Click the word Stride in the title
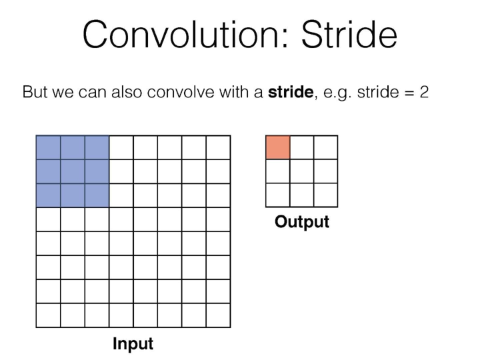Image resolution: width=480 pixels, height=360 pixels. pos(349,34)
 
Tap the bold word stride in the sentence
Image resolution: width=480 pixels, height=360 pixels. pos(291,92)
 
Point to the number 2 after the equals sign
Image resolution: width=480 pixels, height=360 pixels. pos(424,92)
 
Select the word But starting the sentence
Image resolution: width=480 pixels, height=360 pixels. pos(35,92)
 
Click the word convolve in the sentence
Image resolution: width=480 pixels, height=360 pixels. pos(181,92)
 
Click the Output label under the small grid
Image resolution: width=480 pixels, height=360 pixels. pos(302,222)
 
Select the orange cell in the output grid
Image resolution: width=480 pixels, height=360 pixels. pos(278,147)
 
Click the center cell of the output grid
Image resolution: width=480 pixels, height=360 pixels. pos(302,171)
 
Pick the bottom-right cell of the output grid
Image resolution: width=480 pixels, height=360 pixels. pos(325,195)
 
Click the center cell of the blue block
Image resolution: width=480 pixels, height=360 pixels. pos(73,172)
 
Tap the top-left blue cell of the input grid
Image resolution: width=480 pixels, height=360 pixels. pos(48,148)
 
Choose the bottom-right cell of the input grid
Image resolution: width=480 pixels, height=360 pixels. pos(218,315)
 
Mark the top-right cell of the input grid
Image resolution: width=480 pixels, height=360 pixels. pos(218,148)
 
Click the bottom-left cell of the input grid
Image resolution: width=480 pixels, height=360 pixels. pos(48,315)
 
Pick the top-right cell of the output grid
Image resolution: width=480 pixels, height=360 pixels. pos(325,147)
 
